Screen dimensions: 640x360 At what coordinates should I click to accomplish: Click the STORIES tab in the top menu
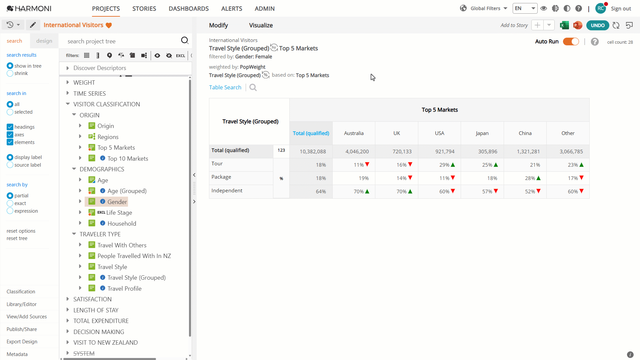point(144,9)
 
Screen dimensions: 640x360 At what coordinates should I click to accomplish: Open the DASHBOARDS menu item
point(189,9)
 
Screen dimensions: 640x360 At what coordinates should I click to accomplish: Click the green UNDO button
point(598,25)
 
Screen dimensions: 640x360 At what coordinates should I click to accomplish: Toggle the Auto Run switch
point(571,42)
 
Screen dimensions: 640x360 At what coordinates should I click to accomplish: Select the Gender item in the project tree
point(117,202)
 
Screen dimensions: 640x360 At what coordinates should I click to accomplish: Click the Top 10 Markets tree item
point(128,159)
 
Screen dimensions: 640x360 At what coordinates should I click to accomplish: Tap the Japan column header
point(482,133)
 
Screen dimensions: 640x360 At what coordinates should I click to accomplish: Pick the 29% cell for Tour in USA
point(444,165)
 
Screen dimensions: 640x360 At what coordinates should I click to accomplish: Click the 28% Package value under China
point(530,178)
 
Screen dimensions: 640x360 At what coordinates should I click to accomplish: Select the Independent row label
point(227,191)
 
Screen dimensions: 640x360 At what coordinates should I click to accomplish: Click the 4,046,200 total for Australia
point(357,152)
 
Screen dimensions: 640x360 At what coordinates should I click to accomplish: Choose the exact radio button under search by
point(10,203)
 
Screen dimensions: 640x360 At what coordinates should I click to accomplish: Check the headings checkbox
point(10,127)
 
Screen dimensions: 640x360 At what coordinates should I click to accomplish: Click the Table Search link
point(225,87)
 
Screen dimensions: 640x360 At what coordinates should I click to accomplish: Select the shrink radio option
point(10,73)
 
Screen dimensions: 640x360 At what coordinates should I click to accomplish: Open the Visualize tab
point(261,25)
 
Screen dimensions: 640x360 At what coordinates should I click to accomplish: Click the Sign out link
point(621,9)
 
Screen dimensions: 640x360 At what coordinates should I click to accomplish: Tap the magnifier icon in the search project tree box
point(185,40)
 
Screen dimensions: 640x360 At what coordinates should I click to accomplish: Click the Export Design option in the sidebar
point(22,342)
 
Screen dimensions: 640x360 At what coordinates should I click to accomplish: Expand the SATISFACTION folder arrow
point(68,299)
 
